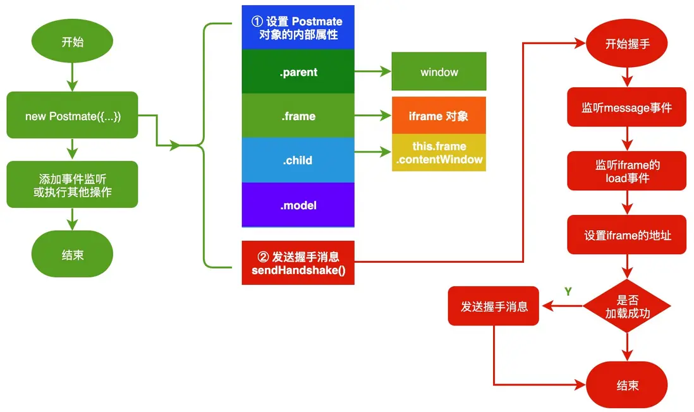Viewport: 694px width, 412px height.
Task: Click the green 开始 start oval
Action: point(72,41)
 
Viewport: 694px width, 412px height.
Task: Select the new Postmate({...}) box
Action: point(72,115)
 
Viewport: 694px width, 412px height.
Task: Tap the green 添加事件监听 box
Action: point(72,185)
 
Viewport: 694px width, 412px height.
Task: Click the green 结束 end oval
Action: point(72,254)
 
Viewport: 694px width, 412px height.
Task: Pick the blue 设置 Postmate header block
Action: point(298,27)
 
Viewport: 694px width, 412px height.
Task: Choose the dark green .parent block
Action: point(298,71)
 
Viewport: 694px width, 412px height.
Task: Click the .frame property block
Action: point(298,116)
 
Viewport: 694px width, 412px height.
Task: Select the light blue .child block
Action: point(298,161)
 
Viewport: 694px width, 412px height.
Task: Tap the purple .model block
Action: point(298,205)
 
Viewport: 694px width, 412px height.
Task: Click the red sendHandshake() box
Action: point(298,263)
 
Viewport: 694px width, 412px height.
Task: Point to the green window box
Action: point(439,71)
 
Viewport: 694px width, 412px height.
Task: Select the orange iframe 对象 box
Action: point(439,116)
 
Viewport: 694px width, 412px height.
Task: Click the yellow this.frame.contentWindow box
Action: point(439,153)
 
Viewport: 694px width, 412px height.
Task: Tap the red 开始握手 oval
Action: point(627,44)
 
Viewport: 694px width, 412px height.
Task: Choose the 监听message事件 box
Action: point(627,107)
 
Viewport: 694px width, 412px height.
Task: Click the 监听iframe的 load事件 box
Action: point(627,171)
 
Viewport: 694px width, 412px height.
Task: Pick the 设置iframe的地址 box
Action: point(627,234)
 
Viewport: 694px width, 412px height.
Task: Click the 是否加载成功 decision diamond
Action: point(627,306)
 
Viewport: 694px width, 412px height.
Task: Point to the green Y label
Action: point(568,291)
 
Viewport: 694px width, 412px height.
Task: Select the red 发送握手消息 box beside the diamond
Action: point(494,306)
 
